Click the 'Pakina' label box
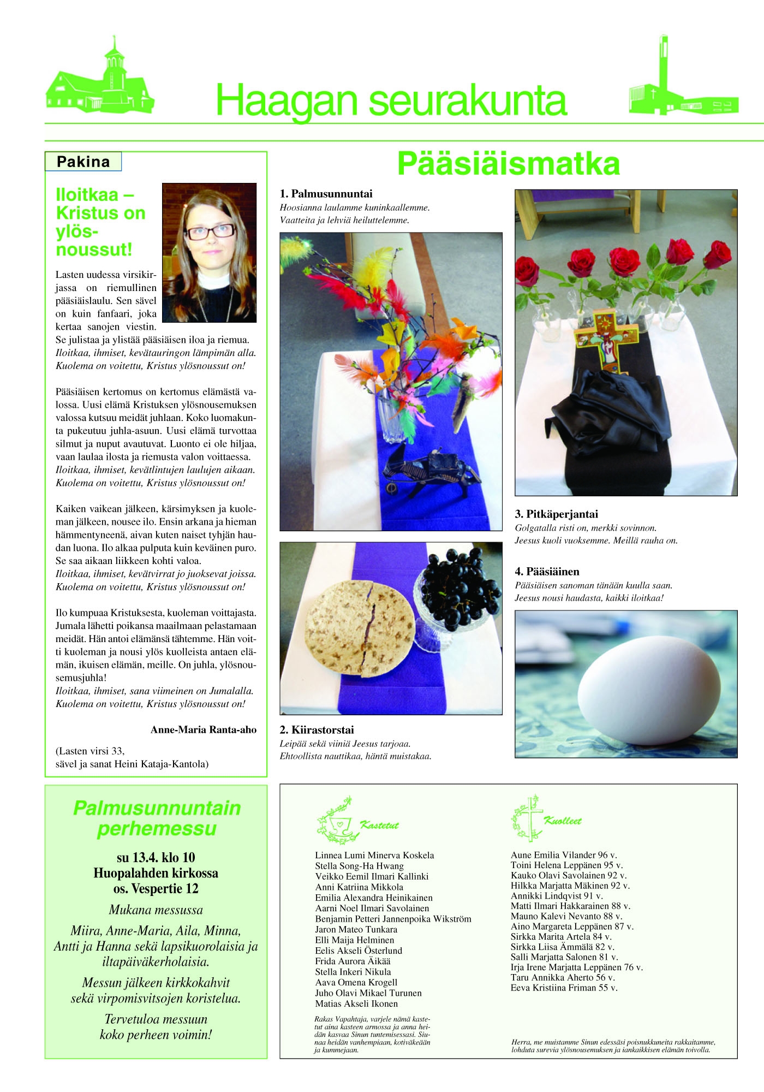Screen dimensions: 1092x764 [x=83, y=162]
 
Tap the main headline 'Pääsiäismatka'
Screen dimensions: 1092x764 [x=508, y=163]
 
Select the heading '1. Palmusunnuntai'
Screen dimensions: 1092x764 [x=326, y=194]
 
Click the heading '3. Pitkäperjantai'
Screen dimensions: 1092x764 [x=556, y=514]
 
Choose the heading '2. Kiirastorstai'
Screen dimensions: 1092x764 [x=317, y=730]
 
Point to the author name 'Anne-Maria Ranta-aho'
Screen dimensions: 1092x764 [x=203, y=730]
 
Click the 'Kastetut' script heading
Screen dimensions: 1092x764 [x=379, y=826]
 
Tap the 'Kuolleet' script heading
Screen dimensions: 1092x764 [x=563, y=821]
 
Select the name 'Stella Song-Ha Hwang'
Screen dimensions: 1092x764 [x=359, y=866]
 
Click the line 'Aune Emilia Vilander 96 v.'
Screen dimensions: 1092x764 [x=563, y=855]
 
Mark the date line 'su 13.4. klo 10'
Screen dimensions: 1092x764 [x=156, y=858]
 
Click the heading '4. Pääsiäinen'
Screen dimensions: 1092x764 [x=547, y=572]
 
